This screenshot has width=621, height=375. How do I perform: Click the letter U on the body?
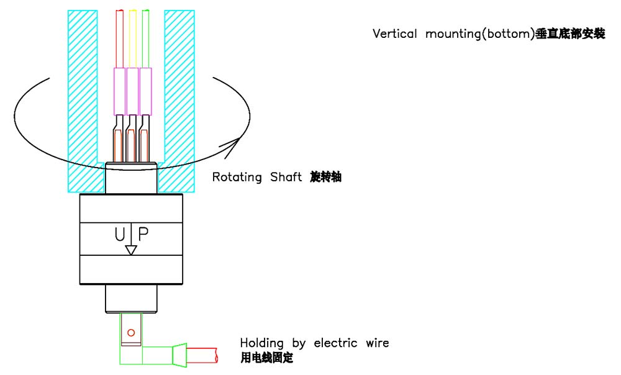click(x=120, y=234)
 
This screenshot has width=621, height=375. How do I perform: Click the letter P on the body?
click(x=143, y=234)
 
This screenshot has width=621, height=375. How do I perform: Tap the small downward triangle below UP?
click(x=130, y=250)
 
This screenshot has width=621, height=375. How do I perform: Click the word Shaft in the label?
click(x=286, y=178)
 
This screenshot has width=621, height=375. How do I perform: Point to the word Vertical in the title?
click(x=395, y=34)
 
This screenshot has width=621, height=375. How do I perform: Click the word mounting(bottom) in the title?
click(x=479, y=34)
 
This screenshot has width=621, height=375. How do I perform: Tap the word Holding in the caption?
click(x=261, y=343)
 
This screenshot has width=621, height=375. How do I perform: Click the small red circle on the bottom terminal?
click(x=131, y=333)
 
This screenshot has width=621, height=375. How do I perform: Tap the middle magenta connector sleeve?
click(x=132, y=91)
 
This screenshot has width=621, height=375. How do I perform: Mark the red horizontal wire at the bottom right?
click(x=202, y=355)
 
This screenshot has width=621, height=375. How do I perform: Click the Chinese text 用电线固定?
click(x=266, y=358)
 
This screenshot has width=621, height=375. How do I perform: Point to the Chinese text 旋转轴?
click(x=326, y=178)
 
